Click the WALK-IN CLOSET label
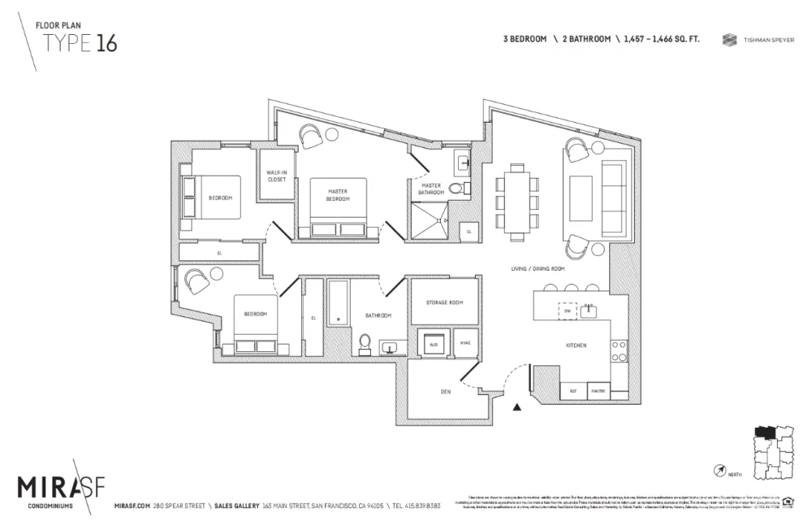click(x=277, y=176)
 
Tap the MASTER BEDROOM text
click(x=338, y=195)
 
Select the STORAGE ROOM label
click(x=444, y=302)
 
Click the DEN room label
click(x=445, y=392)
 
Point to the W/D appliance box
click(x=433, y=344)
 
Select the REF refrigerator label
click(x=572, y=391)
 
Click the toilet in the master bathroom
click(x=456, y=189)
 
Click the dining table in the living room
click(x=517, y=199)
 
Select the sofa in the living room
click(x=611, y=194)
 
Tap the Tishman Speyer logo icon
click(x=728, y=39)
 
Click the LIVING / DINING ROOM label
click(x=538, y=268)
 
